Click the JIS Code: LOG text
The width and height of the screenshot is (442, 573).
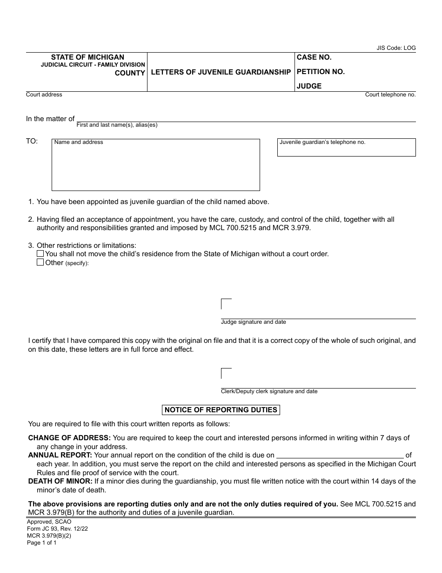tap(396, 48)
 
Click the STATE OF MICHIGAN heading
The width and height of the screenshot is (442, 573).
tap(87, 57)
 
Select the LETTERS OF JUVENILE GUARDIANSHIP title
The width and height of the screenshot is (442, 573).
tap(221, 72)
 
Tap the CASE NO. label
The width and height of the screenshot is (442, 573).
tap(314, 57)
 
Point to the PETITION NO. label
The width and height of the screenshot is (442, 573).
tap(321, 72)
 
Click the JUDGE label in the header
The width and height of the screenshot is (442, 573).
tap(309, 86)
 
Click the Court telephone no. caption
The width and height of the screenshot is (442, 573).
tap(390, 95)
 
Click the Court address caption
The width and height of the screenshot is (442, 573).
tap(44, 95)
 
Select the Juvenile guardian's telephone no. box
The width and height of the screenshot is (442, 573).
tap(346, 147)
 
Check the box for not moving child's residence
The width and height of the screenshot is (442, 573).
tap(40, 254)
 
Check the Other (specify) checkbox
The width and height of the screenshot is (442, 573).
tap(40, 262)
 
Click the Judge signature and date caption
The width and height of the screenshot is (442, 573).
tap(253, 322)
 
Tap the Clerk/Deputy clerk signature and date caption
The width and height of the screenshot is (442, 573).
tap(269, 391)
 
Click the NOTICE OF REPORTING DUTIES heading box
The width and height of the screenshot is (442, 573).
tap(221, 410)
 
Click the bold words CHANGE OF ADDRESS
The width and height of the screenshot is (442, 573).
tap(69, 438)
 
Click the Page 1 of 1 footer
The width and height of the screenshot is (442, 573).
tap(41, 543)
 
